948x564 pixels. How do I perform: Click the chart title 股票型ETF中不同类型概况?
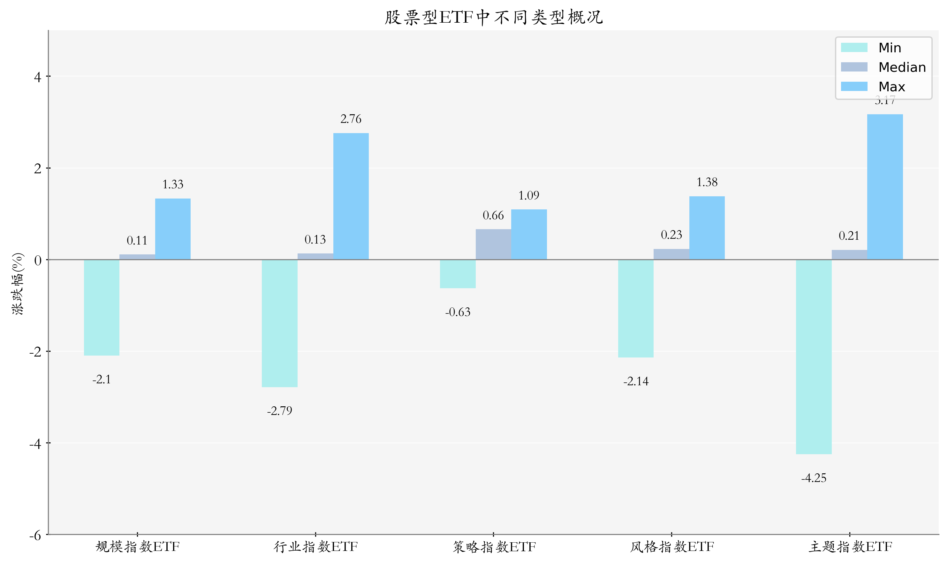tap(493, 18)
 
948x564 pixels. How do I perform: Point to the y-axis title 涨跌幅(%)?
tap(18, 283)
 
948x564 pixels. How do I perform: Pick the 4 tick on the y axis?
tap(38, 77)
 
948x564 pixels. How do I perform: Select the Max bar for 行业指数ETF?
tap(351, 196)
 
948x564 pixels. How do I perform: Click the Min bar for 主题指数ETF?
tap(814, 357)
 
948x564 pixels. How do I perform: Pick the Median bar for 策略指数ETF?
tap(493, 244)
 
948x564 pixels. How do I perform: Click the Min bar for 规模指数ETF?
tap(102, 307)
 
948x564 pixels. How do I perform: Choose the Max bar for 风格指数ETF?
tap(707, 228)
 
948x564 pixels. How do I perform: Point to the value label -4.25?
tap(814, 478)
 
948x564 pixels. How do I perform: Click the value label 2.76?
tap(351, 119)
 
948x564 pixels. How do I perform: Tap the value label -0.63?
tap(458, 312)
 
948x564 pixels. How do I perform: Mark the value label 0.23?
tap(671, 235)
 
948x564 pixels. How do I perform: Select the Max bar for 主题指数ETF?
tap(884, 187)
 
